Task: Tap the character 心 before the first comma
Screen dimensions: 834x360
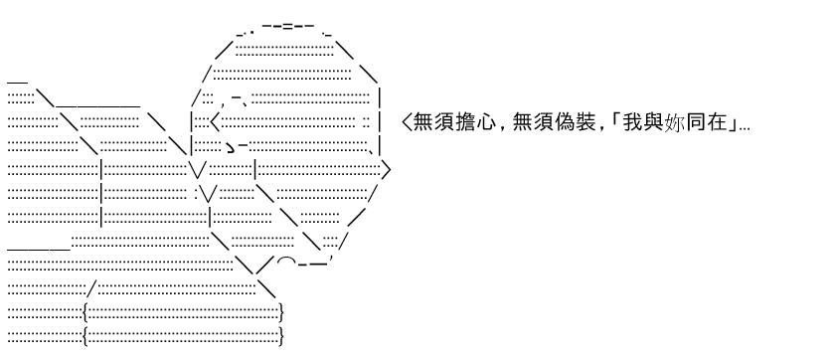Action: (487, 123)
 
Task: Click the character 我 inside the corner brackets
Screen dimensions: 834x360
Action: (633, 123)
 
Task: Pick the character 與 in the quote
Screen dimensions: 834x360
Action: (654, 123)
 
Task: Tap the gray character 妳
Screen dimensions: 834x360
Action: (674, 123)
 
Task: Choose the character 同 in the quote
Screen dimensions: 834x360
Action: (696, 123)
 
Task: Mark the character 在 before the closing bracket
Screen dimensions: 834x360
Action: (717, 123)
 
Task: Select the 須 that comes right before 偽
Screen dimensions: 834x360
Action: (544, 123)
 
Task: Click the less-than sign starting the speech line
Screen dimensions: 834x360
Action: (407, 123)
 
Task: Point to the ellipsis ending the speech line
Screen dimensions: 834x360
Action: (745, 129)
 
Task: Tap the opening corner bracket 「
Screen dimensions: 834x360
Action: (616, 119)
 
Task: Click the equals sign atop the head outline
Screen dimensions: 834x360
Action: (287, 26)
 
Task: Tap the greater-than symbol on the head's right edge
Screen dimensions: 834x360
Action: (387, 170)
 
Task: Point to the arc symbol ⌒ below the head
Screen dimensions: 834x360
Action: (287, 260)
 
